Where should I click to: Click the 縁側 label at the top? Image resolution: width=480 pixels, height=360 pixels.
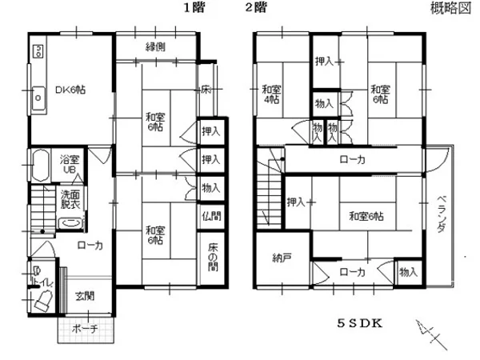pos(155,47)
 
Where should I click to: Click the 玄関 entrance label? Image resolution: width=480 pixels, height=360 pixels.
pos(85,296)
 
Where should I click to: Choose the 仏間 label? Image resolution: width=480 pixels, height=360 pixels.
pos(211,216)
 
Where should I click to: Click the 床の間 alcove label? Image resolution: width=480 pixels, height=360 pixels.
pos(212,256)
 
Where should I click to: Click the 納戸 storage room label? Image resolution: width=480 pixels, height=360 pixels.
pos(282,258)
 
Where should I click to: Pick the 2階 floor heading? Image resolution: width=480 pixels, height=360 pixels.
pos(255,9)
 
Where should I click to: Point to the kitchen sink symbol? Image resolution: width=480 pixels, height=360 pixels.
pos(37,98)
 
